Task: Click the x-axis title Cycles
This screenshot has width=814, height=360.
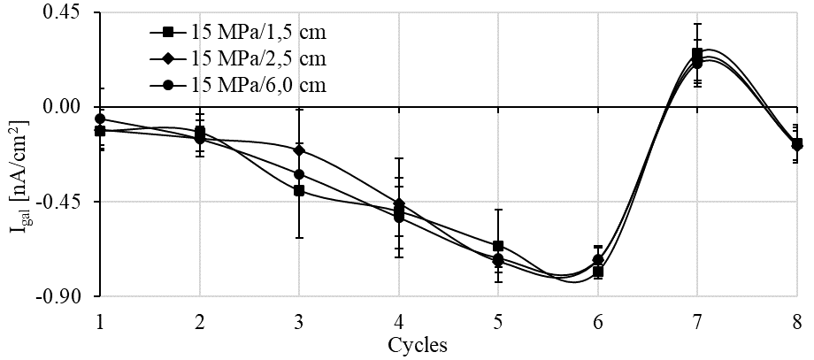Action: [x=418, y=345]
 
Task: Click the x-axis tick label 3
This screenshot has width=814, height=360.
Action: [x=299, y=320]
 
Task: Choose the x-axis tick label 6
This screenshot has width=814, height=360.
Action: [x=598, y=320]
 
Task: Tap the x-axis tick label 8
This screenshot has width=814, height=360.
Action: [x=797, y=320]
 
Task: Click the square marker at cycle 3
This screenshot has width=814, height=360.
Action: [x=299, y=191]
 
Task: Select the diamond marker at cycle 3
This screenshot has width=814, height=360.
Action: [x=299, y=150]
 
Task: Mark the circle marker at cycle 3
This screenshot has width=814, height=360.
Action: [x=299, y=174]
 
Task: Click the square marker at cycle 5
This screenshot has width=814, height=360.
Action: [x=498, y=246]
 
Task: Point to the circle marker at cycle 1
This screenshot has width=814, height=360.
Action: [x=100, y=119]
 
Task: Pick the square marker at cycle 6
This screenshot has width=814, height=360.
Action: [x=598, y=272]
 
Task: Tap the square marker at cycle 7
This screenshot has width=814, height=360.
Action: [x=697, y=53]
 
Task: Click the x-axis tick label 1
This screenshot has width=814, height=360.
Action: [x=100, y=320]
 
